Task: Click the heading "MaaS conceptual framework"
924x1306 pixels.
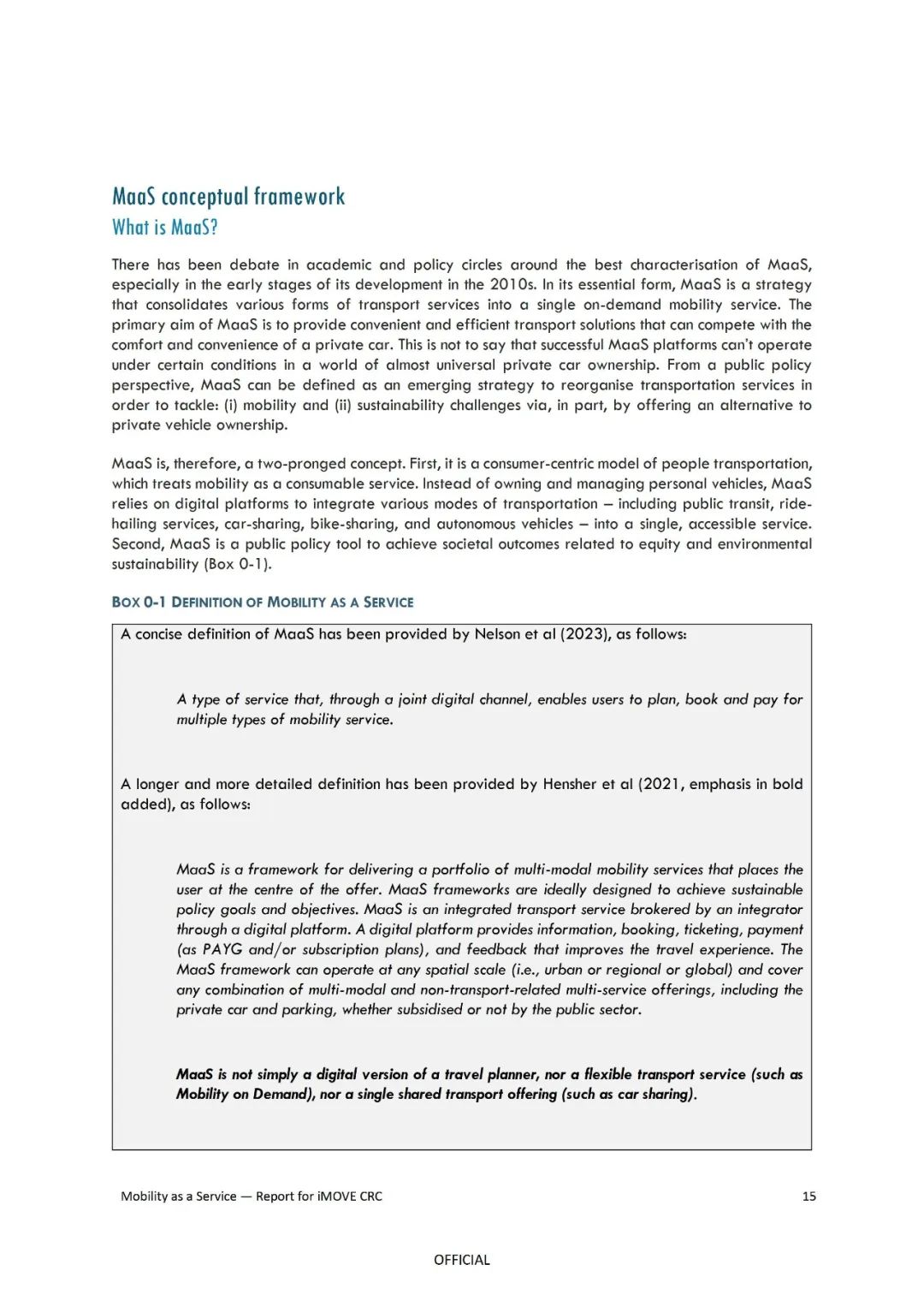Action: (x=228, y=197)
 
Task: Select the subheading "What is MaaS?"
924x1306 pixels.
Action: (x=165, y=228)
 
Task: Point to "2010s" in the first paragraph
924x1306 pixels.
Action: (x=514, y=285)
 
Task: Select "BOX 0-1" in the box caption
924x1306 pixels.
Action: (x=139, y=603)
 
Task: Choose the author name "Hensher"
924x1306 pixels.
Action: (x=569, y=784)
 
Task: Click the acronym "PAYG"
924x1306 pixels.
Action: (x=222, y=950)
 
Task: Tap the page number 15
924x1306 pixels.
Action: (x=808, y=1196)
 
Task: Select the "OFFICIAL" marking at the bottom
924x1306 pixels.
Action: (x=462, y=1260)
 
